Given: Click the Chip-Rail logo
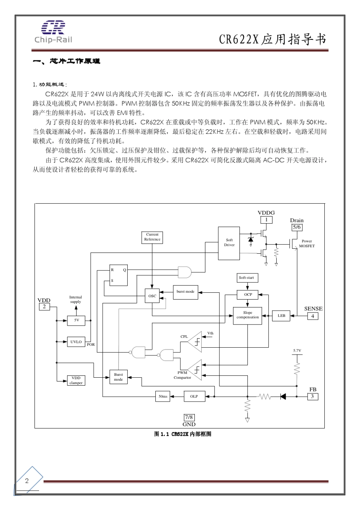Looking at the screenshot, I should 53,32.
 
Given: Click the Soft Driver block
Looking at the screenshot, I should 229,243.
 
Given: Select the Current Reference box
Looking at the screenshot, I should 152,237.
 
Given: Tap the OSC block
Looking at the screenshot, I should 152,296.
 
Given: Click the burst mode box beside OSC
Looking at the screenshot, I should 185,292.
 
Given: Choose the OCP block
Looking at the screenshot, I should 248,295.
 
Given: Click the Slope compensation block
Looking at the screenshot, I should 247,315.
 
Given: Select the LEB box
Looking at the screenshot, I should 281,315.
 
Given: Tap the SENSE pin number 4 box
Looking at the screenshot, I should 313,316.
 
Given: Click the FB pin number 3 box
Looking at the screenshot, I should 312,397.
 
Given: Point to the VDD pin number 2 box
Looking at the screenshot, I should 44,306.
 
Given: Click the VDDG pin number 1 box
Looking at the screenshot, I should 266,220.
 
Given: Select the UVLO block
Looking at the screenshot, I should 76,342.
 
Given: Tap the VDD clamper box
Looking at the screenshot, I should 76,380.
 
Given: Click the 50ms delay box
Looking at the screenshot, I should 163,397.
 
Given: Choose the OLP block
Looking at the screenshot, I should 194,397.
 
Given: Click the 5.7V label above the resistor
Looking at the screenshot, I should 297,351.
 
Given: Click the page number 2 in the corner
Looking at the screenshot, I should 27,481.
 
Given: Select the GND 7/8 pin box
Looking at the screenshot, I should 189,417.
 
